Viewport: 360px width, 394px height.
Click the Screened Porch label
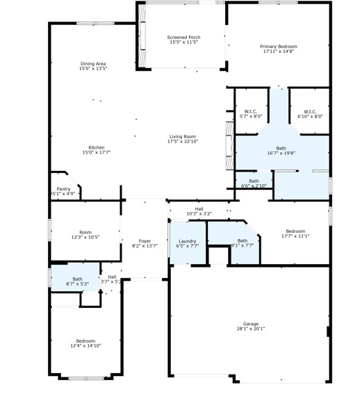coord(183,37)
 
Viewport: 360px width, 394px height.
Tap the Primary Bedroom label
coord(278,47)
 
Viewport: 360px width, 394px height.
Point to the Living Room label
coord(182,136)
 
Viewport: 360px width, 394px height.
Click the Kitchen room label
coord(96,147)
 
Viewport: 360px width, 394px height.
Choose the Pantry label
coord(63,188)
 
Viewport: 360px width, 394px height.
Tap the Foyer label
coord(145,241)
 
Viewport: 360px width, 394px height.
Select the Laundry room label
coord(188,241)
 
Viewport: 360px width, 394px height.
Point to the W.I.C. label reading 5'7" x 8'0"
coord(251,111)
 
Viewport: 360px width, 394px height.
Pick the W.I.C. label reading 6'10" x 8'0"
coord(309,111)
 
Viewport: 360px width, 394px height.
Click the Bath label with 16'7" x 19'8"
coord(281,148)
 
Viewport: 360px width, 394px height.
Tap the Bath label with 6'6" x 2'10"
coord(254,181)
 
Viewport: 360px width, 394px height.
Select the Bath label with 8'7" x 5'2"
coord(72,279)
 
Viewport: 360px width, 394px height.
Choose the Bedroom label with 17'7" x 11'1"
coord(295,231)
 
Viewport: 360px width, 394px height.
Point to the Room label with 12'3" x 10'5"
coord(85,232)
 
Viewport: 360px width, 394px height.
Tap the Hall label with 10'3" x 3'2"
coord(199,208)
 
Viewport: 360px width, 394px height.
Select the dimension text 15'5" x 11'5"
coord(183,42)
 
